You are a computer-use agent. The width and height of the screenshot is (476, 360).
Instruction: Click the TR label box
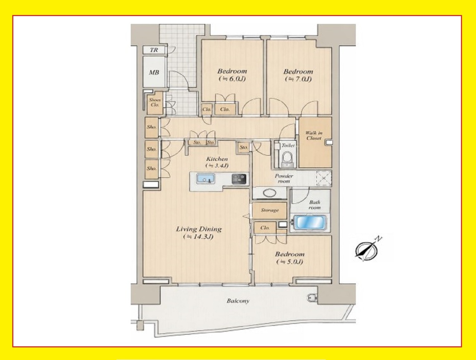(x=154, y=50)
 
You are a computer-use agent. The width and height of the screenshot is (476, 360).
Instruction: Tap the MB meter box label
(x=154, y=73)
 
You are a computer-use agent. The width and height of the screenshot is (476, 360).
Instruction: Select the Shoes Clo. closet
(x=155, y=103)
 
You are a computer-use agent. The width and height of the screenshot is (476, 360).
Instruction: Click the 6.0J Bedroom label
(x=232, y=75)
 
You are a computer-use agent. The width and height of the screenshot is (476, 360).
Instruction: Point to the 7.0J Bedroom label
(x=298, y=75)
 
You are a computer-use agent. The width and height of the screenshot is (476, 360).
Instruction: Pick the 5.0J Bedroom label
(x=290, y=258)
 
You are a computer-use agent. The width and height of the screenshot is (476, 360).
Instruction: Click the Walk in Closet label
(x=314, y=136)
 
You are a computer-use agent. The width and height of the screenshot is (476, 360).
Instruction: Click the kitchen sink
(x=205, y=179)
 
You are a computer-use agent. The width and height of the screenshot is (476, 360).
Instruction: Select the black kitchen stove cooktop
(x=239, y=179)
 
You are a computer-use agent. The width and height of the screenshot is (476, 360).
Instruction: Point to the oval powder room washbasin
(x=269, y=192)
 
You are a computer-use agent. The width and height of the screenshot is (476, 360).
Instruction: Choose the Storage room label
(x=270, y=210)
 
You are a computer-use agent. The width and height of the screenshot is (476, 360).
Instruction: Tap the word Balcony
(x=238, y=301)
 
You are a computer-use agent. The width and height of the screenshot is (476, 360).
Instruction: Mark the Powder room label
(x=284, y=178)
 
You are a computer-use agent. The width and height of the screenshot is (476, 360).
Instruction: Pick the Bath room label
(x=314, y=205)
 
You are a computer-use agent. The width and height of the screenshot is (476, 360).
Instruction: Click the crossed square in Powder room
(x=324, y=178)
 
